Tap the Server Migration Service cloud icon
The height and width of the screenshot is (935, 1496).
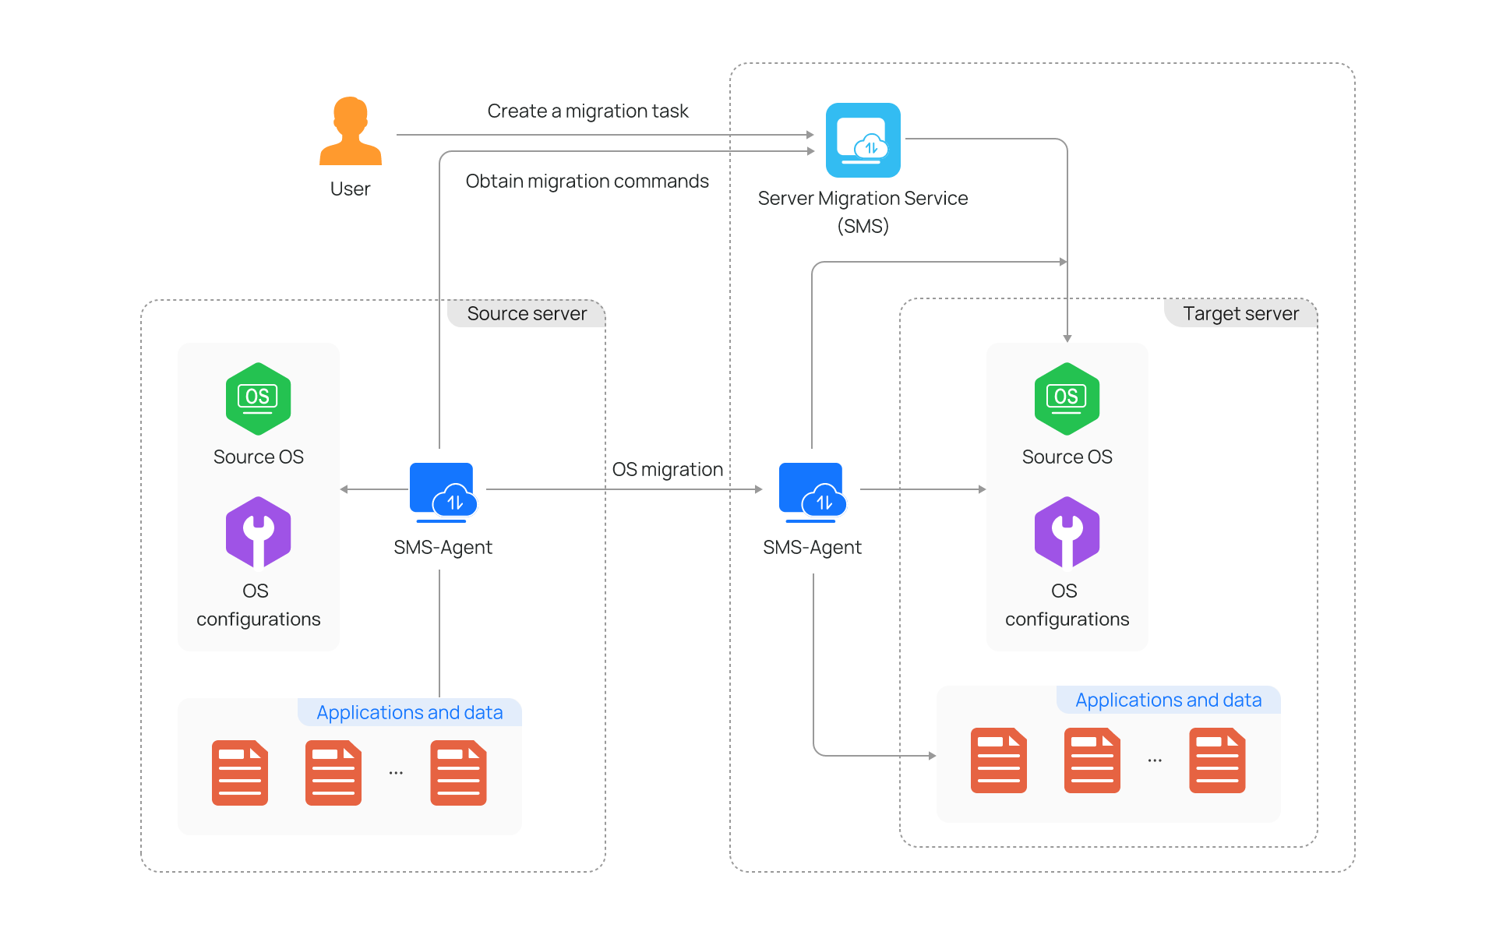click(x=863, y=140)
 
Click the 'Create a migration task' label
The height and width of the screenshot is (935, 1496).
click(x=587, y=111)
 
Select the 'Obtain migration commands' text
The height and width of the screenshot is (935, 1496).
click(x=587, y=182)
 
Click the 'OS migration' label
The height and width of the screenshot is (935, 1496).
click(x=667, y=470)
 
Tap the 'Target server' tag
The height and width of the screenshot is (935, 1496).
click(x=1240, y=313)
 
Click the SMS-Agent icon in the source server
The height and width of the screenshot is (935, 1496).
click(x=443, y=492)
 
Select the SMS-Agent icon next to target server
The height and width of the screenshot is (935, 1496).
click(x=812, y=492)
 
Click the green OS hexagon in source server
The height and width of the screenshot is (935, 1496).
click(x=258, y=398)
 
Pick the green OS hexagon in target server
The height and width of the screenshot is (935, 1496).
click(x=1067, y=398)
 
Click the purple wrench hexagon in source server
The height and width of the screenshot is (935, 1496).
click(x=258, y=532)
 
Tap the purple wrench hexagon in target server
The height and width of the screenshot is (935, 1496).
click(x=1067, y=532)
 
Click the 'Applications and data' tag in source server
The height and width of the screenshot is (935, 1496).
click(x=409, y=712)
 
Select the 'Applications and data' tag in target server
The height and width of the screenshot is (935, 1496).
click(x=1168, y=700)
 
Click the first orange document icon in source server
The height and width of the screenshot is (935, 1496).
click(x=240, y=772)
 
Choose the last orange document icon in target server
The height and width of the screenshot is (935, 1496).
click(x=1217, y=760)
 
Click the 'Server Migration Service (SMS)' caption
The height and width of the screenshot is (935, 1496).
click(x=863, y=211)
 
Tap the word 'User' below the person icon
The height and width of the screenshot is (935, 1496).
click(x=350, y=189)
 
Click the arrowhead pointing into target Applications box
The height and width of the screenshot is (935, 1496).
click(x=932, y=755)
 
